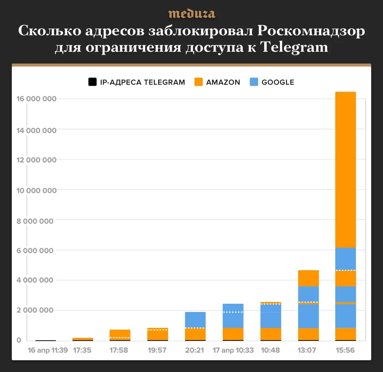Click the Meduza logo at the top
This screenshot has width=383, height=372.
point(191,14)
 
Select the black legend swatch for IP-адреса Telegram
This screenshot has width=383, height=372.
point(92,82)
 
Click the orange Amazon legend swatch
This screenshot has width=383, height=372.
point(198,82)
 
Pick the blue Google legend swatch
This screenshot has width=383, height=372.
point(254,82)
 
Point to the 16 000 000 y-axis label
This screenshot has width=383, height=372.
point(37,99)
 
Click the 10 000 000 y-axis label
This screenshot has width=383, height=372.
point(37,190)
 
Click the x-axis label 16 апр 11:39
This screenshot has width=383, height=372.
point(48,350)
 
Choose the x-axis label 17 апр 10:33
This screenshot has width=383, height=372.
point(233,350)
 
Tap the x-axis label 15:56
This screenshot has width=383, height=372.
point(345,350)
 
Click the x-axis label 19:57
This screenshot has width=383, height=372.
point(158,350)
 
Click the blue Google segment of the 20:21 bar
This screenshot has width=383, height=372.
point(195,320)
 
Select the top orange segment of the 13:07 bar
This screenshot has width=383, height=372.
point(309,278)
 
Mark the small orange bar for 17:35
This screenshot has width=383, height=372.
point(83,339)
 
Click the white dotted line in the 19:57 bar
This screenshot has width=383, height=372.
point(158,330)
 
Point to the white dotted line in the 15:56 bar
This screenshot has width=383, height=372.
point(345,271)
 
